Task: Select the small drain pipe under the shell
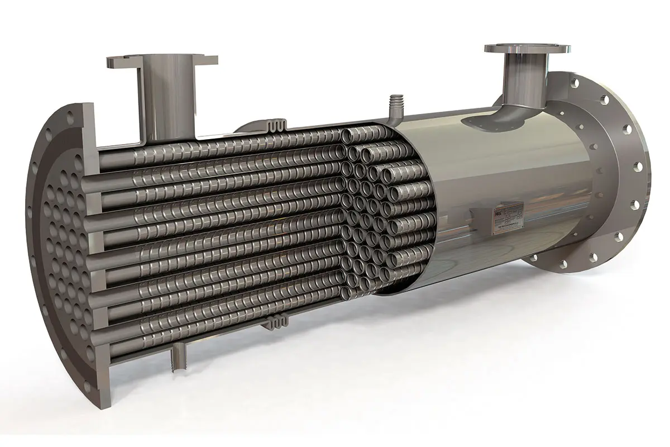pos(179,357)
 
